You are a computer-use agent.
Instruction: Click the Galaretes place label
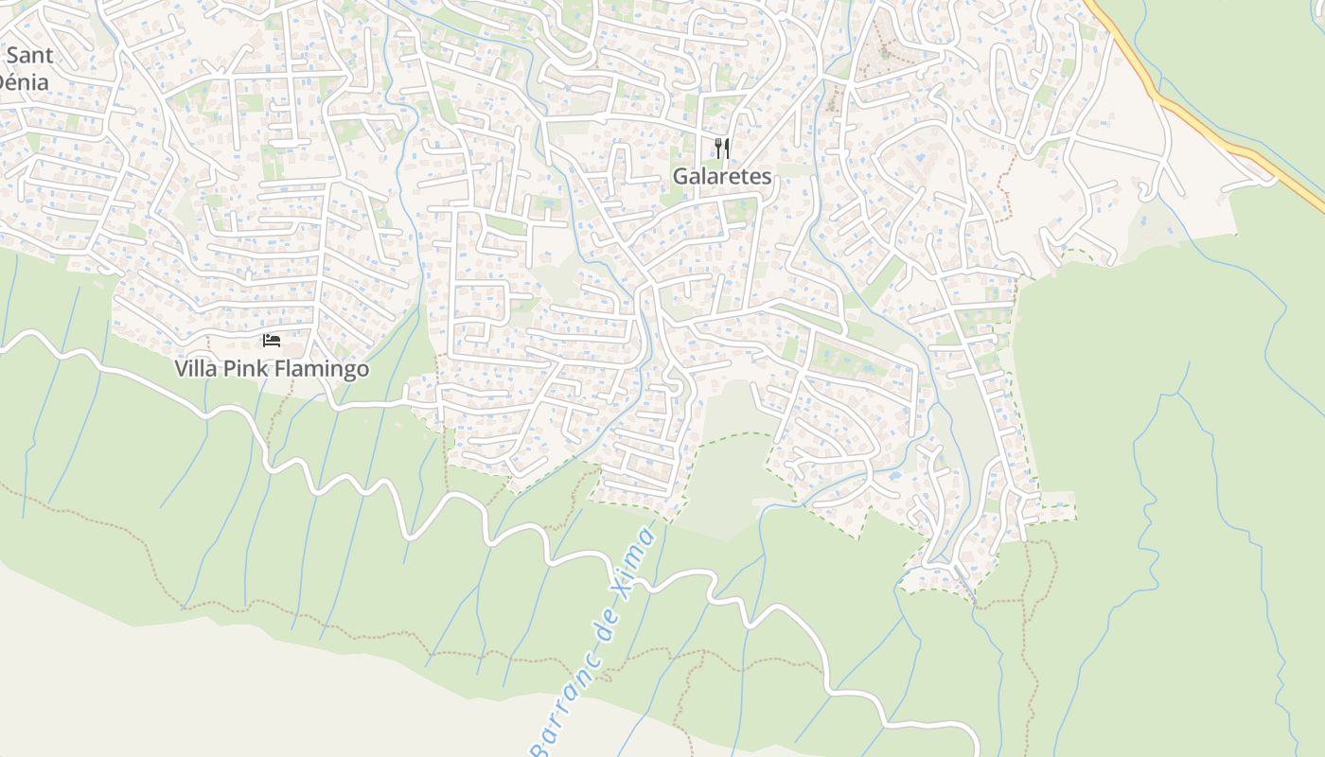click(x=722, y=176)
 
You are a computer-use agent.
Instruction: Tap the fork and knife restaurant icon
click(x=722, y=149)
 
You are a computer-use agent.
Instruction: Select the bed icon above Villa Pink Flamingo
click(x=272, y=341)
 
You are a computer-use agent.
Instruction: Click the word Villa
click(x=196, y=368)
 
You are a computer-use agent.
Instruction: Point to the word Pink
click(x=245, y=368)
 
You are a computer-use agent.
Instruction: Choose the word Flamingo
click(x=322, y=368)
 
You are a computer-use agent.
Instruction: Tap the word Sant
click(x=29, y=55)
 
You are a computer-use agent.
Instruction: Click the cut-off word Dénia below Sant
click(x=23, y=81)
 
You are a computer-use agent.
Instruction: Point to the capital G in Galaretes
click(x=680, y=176)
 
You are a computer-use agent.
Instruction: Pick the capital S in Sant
click(x=13, y=55)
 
